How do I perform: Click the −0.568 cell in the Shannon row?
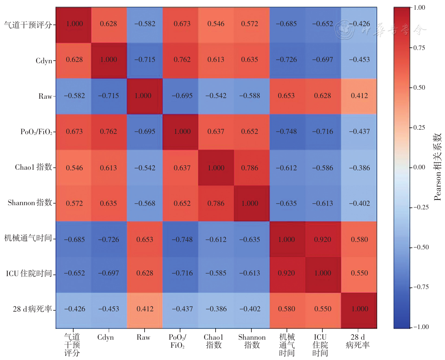145,203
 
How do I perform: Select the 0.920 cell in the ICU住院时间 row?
288,275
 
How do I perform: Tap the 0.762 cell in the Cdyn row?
180,61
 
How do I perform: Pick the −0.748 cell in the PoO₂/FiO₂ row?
288,132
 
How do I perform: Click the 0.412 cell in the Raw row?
359,96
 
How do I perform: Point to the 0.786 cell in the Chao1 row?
252,167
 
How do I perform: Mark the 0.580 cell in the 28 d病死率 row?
288,311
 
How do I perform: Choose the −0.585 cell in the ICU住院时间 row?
216,275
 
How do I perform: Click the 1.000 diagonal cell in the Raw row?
145,96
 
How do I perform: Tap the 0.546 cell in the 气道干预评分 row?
216,25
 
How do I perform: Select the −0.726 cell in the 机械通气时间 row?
109,239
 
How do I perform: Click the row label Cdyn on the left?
44,61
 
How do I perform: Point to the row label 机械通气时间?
28,238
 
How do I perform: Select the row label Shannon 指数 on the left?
30,202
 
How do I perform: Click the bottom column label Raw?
143,337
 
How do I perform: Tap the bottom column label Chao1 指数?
214,341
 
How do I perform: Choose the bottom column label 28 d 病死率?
358,341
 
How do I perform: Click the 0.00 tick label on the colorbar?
419,167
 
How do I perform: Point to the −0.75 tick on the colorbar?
411,287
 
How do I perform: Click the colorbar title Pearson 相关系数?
438,167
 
